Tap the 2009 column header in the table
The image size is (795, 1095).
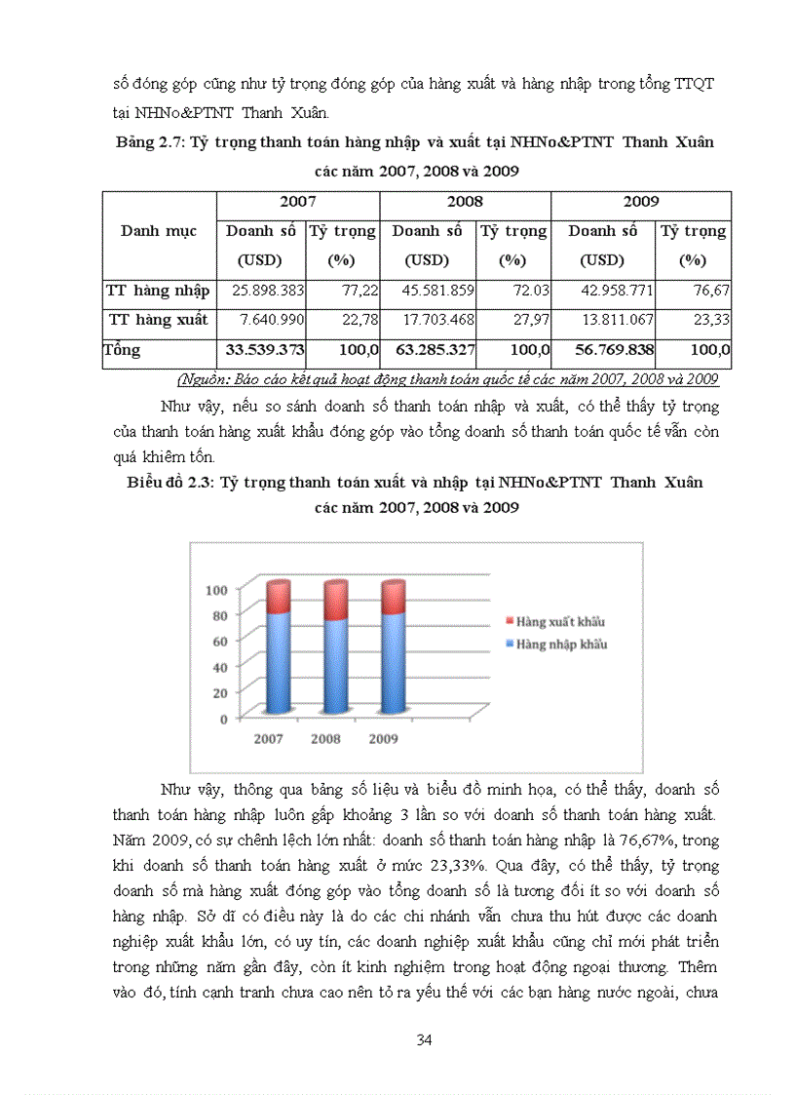point(640,202)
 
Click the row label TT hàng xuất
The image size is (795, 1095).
point(158,320)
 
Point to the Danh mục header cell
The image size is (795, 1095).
point(159,231)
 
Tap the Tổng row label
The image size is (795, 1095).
point(123,350)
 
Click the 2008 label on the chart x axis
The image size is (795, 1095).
point(326,738)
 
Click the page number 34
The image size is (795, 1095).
point(424,1039)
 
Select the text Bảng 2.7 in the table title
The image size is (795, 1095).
point(148,142)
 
